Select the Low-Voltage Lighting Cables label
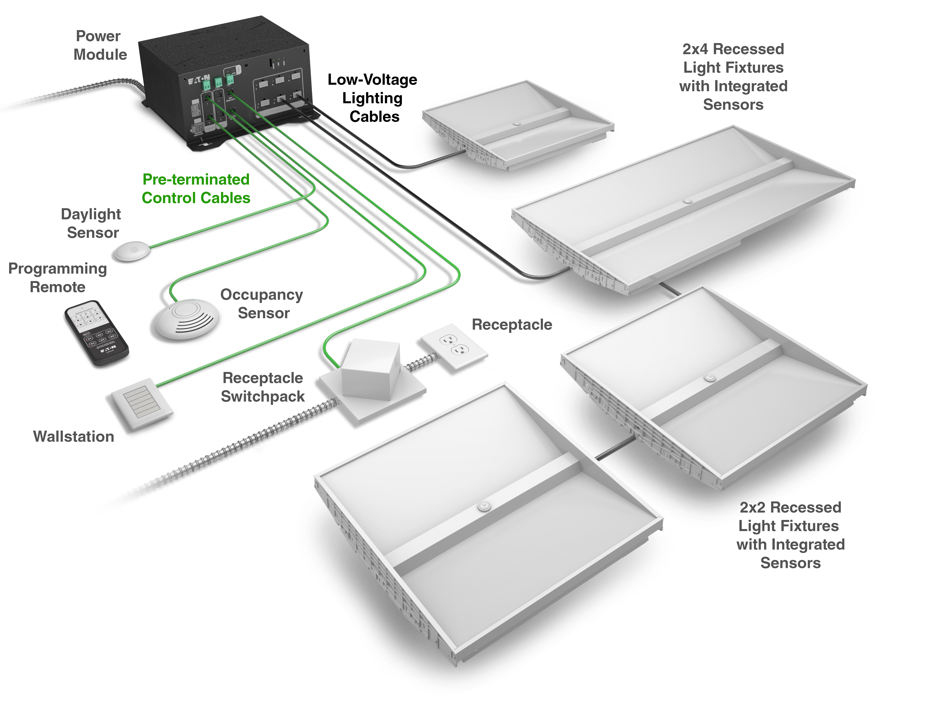pyautogui.click(x=373, y=98)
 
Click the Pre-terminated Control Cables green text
pyautogui.click(x=196, y=188)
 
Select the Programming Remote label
pyautogui.click(x=57, y=278)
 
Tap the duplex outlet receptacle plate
pyautogui.click(x=454, y=346)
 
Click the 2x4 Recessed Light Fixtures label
pyautogui.click(x=733, y=77)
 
